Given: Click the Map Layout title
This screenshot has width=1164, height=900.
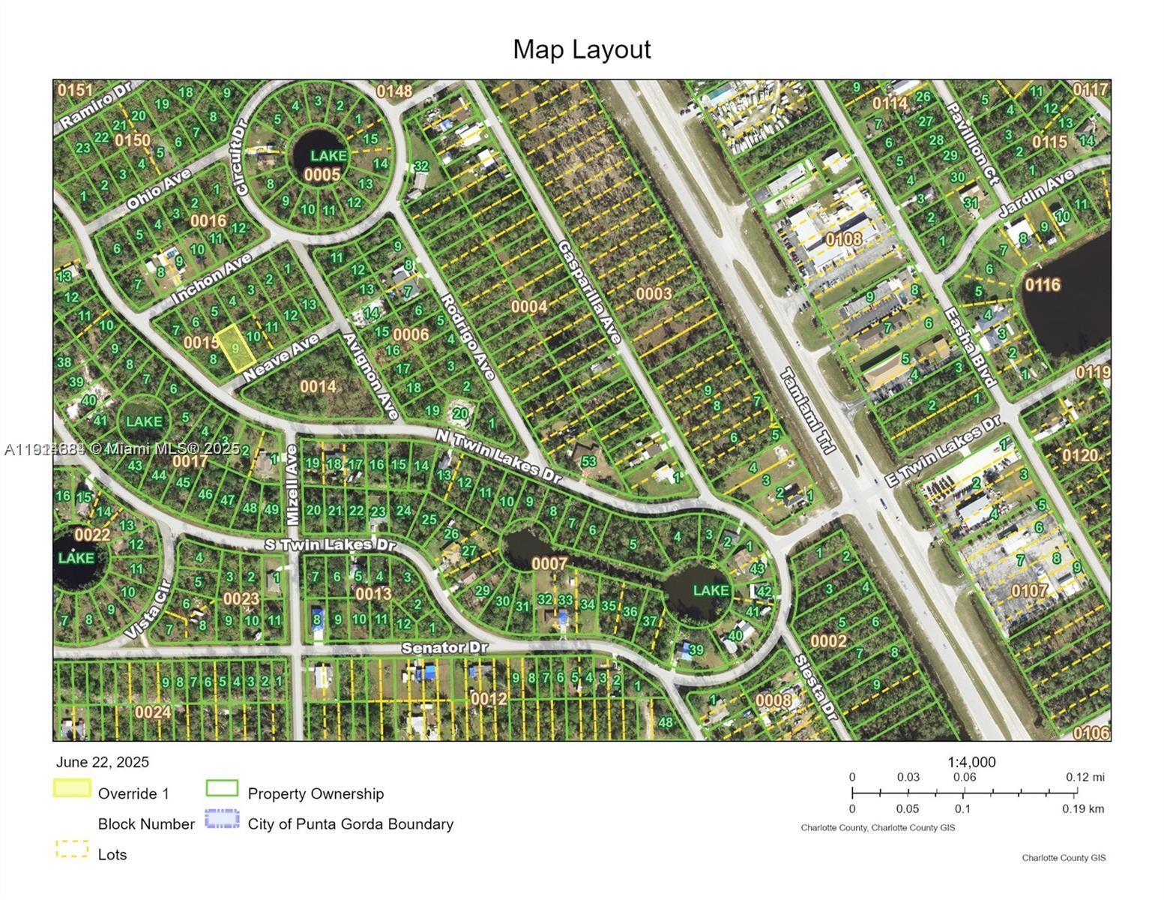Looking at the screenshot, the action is point(582,49).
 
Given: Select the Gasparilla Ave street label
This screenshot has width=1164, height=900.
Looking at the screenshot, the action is point(589,292).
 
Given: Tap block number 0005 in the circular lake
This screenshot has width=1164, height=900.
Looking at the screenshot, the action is point(322,175).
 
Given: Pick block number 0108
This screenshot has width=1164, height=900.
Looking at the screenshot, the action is point(844,238).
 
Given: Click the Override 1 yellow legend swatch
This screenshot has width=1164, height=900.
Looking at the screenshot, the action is point(72,788).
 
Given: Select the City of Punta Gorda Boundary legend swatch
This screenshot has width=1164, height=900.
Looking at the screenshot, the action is point(222,818).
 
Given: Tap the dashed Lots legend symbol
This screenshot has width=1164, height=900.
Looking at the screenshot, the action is point(72,850).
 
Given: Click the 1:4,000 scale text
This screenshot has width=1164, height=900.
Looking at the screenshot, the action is point(971,762).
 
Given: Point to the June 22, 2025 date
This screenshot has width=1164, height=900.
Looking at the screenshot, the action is point(103,762).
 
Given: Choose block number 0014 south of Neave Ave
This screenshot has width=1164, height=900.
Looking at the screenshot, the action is point(318,386).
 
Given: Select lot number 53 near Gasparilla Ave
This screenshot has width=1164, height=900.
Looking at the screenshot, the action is point(588,461).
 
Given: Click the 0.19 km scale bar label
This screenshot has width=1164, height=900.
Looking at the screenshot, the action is point(1082,808).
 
